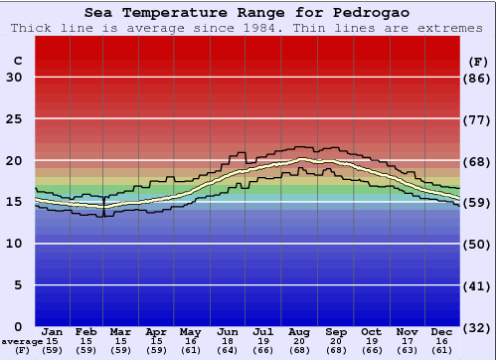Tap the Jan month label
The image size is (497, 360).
click(x=53, y=331)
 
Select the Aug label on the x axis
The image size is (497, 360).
click(x=300, y=331)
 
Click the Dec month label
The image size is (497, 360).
click(x=442, y=331)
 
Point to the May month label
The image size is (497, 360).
click(x=190, y=331)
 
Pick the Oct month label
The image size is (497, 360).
click(x=371, y=331)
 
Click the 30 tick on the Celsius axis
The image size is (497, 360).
click(x=14, y=78)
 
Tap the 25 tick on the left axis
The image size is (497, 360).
click(x=14, y=119)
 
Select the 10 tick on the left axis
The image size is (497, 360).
click(x=14, y=244)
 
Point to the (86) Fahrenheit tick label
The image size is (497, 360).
click(x=478, y=78)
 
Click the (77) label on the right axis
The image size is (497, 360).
click(x=478, y=119)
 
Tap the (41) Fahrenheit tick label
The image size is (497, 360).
click(x=478, y=285)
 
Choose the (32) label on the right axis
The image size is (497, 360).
click(x=478, y=327)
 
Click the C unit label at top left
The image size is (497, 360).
click(x=17, y=61)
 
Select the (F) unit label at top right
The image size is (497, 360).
click(x=477, y=61)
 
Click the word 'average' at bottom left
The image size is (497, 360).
click(x=21, y=341)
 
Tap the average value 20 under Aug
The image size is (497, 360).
click(x=300, y=341)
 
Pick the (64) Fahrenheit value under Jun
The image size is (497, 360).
click(x=229, y=350)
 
